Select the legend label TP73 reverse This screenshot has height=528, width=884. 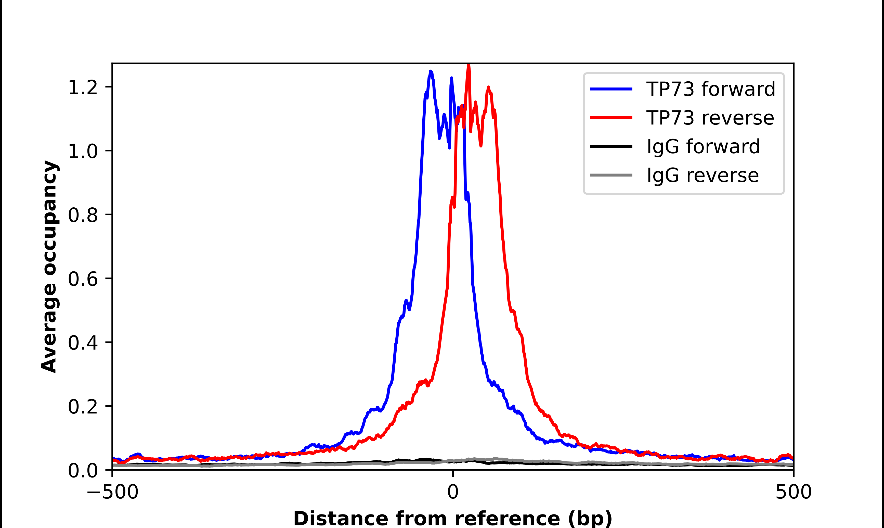click(710, 118)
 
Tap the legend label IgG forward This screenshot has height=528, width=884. click(703, 147)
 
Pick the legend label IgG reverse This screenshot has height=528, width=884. click(702, 175)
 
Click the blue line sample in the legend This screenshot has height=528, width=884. click(611, 89)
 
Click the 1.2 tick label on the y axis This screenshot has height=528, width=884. click(83, 87)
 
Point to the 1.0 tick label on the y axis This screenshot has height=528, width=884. click(83, 151)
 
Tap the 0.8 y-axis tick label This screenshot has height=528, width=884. click(83, 215)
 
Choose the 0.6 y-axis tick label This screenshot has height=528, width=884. click(83, 279)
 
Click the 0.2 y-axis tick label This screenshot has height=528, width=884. click(83, 407)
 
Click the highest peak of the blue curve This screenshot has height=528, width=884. click(431, 71)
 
